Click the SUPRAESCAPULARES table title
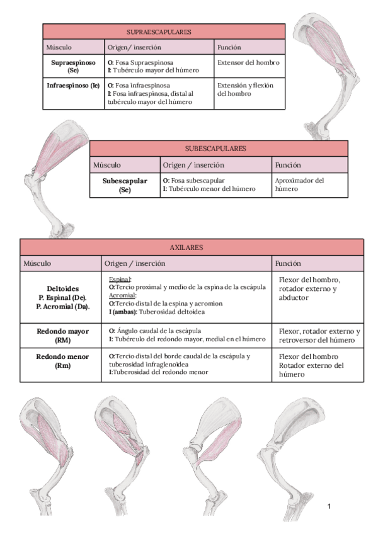coord(159,31)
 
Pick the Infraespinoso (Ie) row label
coord(73,85)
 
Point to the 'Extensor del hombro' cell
coord(248,63)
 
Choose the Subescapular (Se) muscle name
coord(125,185)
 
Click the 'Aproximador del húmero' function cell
coord(299,184)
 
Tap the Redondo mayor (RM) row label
coord(62,335)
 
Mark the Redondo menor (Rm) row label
coord(62,361)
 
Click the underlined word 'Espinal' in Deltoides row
coord(120,278)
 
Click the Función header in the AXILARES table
coord(289,263)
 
